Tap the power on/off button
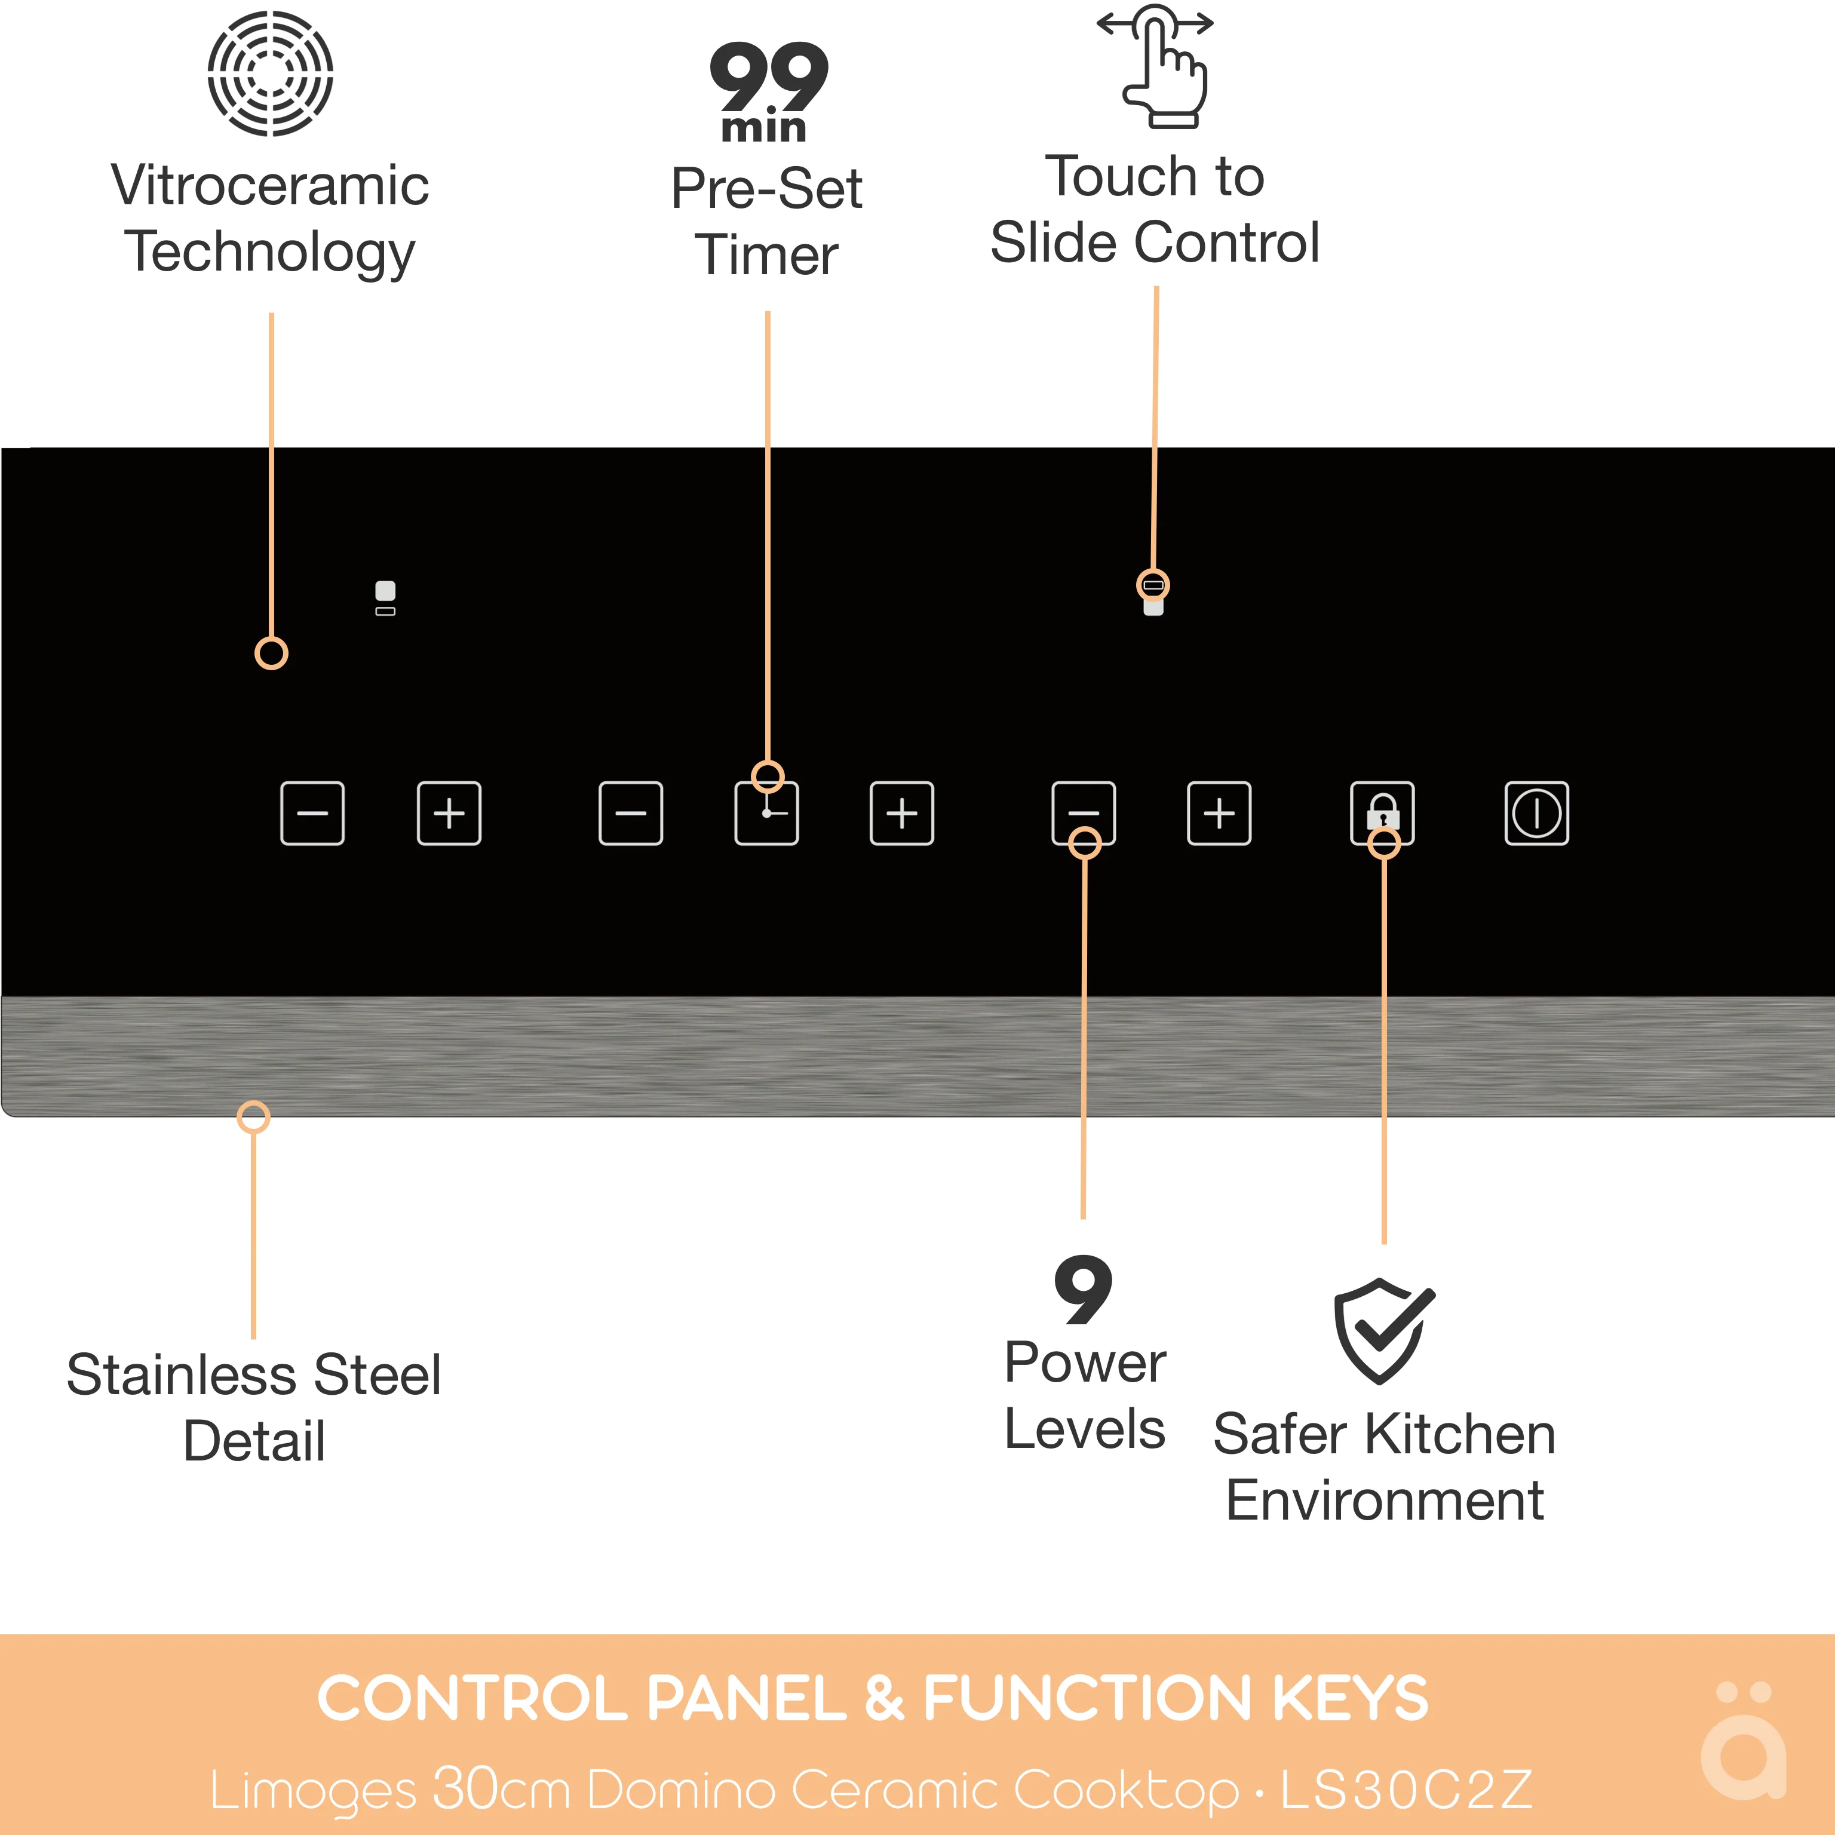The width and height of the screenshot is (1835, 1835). pyautogui.click(x=1536, y=813)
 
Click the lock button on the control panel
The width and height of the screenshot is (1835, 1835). pyautogui.click(x=1382, y=813)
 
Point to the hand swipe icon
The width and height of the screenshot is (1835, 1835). pyautogui.click(x=1155, y=66)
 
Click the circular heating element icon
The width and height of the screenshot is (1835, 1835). pyautogui.click(x=271, y=73)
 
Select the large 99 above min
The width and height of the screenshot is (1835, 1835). pyautogui.click(x=768, y=77)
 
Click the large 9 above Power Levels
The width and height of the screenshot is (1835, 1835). pyautogui.click(x=1083, y=1290)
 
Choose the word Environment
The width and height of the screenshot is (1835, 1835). pyautogui.click(x=1385, y=1500)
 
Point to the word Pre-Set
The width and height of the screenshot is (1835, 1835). pyautogui.click(x=766, y=188)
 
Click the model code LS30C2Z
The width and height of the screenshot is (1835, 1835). pyautogui.click(x=1407, y=1790)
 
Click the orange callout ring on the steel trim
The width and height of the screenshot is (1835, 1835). pyautogui.click(x=254, y=1117)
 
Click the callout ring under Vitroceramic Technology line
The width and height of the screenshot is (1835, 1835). pyautogui.click(x=272, y=653)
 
